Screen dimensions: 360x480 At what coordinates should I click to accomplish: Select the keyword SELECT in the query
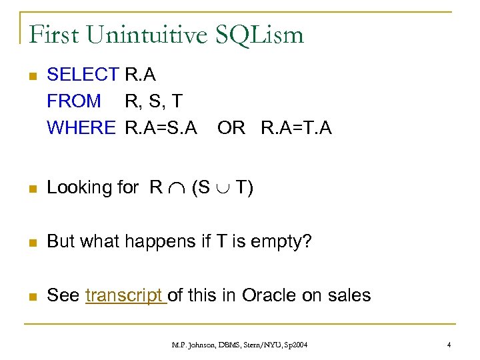pyautogui.click(x=82, y=75)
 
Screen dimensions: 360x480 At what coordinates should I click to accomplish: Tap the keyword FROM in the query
pyautogui.click(x=74, y=101)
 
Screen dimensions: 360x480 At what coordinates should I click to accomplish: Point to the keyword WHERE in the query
pyautogui.click(x=81, y=127)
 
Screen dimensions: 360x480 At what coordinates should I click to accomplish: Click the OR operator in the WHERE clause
pyautogui.click(x=231, y=127)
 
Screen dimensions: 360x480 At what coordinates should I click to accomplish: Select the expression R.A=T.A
pyautogui.click(x=296, y=127)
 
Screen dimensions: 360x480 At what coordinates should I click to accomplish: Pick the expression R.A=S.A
pyautogui.click(x=161, y=127)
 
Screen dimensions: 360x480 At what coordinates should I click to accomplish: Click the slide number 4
pyautogui.click(x=450, y=345)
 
